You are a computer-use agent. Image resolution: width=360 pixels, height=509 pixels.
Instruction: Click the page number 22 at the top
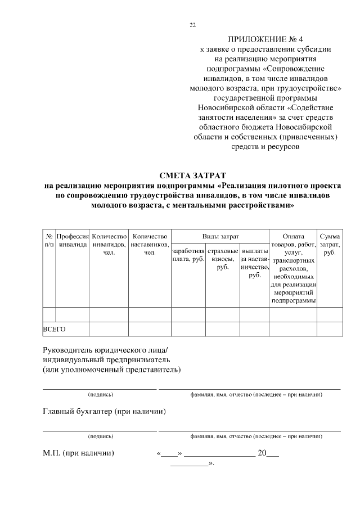pos(192,25)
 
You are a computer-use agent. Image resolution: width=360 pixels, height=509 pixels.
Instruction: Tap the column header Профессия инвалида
pos(73,241)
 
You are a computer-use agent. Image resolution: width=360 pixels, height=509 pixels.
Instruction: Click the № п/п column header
pos(49,241)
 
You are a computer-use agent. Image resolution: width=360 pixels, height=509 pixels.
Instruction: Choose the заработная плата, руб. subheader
pos(188,255)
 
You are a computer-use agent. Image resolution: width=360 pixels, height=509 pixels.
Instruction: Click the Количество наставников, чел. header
pos(150,245)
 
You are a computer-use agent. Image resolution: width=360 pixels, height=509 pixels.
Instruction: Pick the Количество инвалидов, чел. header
pos(109,245)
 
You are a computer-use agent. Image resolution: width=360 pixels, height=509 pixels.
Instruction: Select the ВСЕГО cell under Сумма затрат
pos(330,329)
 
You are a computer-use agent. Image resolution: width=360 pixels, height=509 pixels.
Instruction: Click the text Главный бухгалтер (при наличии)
pos(104,412)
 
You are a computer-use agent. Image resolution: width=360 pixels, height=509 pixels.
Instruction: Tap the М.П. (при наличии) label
pos(79,453)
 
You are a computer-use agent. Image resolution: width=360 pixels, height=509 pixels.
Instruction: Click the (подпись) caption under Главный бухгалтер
pos(101,436)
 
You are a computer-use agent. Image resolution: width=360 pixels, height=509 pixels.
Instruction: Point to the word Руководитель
pos(71,349)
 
